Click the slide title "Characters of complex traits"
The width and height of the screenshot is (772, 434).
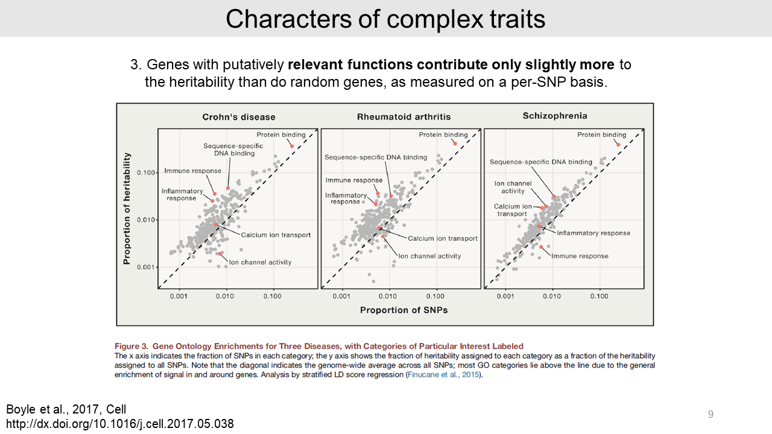[x=385, y=19]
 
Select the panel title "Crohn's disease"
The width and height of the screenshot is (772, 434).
[x=239, y=117]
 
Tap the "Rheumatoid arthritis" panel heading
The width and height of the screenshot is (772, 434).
[x=403, y=117]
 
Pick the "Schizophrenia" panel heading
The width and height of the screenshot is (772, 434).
[x=554, y=116]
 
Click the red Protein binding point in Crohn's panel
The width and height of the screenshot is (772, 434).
[x=292, y=146]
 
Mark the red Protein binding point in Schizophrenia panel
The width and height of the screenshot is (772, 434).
[x=618, y=144]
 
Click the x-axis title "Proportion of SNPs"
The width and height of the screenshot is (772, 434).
[x=403, y=310]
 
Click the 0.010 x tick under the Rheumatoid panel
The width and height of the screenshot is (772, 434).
[x=388, y=296]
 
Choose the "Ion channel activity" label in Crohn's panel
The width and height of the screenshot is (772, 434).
[x=260, y=262]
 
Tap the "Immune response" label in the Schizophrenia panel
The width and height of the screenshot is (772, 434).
[x=580, y=256]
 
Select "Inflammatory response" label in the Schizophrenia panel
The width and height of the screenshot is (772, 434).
[x=593, y=233]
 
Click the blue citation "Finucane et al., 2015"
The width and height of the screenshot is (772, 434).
[x=444, y=375]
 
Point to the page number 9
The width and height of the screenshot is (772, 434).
[x=710, y=414]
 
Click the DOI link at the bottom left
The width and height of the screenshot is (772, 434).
[x=120, y=423]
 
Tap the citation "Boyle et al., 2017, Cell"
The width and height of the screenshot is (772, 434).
[x=66, y=409]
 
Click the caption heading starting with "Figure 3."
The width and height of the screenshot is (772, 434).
[x=319, y=346]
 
